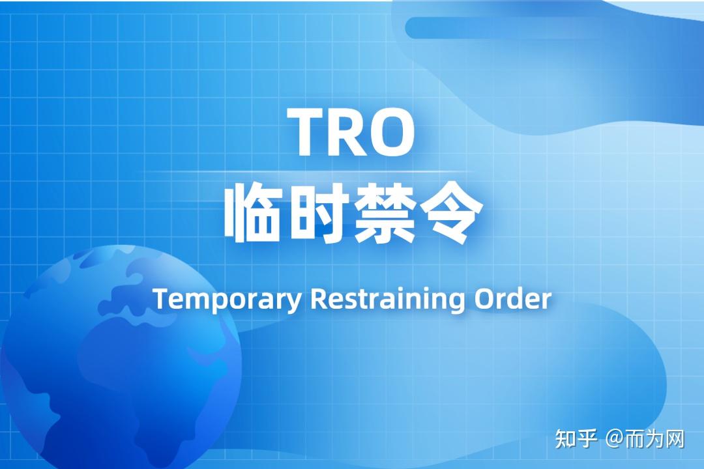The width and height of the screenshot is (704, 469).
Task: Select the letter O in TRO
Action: tap(393, 132)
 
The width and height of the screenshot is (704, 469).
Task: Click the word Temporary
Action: tap(227, 300)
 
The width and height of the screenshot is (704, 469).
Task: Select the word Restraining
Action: tap(388, 300)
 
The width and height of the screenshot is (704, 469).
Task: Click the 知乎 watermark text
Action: tap(576, 438)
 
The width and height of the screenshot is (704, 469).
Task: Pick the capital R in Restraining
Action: tap(317, 298)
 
